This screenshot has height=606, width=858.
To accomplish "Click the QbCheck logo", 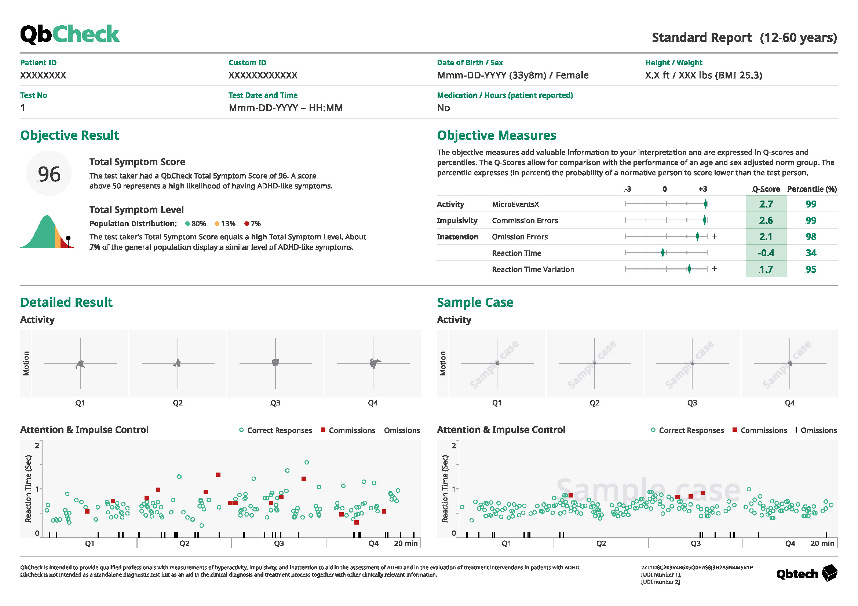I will coord(70,34).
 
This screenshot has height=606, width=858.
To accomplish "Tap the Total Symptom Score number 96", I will coord(49,174).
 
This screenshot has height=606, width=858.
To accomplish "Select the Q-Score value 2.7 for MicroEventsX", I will coord(766,204).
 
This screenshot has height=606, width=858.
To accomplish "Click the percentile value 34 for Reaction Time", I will coord(811,253).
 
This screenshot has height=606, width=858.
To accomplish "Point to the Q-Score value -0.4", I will coord(766,253).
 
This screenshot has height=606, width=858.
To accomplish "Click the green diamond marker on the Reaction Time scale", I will coord(663,253).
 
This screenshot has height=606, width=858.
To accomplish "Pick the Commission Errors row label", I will coord(525,221).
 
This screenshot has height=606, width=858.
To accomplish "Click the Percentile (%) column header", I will coord(812,189).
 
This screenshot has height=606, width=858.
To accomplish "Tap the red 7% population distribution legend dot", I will coord(247,224).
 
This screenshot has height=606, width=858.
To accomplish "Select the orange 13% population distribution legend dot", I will coord(217,224).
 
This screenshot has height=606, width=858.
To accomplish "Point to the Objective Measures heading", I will coord(496,135).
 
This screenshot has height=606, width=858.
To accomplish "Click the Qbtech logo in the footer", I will coord(806,573).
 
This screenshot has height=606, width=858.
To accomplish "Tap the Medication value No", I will coord(443,108).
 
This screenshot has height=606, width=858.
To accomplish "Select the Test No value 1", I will coord(23,108).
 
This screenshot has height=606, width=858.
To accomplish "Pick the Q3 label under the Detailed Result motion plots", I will coord(275,403).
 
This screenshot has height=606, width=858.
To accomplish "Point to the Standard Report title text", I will coord(701,38).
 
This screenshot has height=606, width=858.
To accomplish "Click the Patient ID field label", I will coord(39,63).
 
